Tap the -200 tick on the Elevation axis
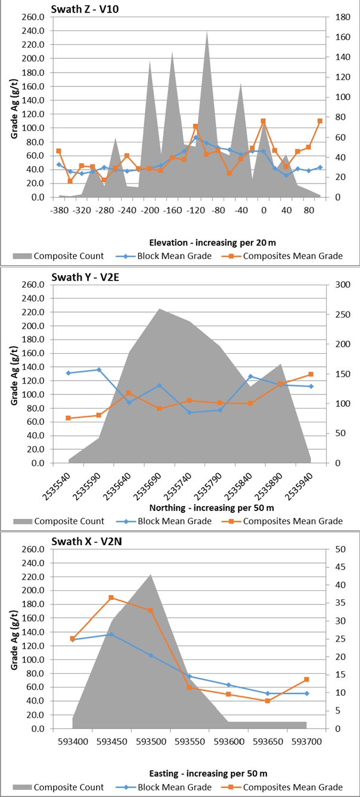click(x=150, y=211)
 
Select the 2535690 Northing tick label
click(x=151, y=485)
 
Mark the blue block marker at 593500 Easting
click(x=150, y=655)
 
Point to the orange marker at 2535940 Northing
click(x=311, y=374)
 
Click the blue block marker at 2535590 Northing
click(x=99, y=370)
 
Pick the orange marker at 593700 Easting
click(x=306, y=679)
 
